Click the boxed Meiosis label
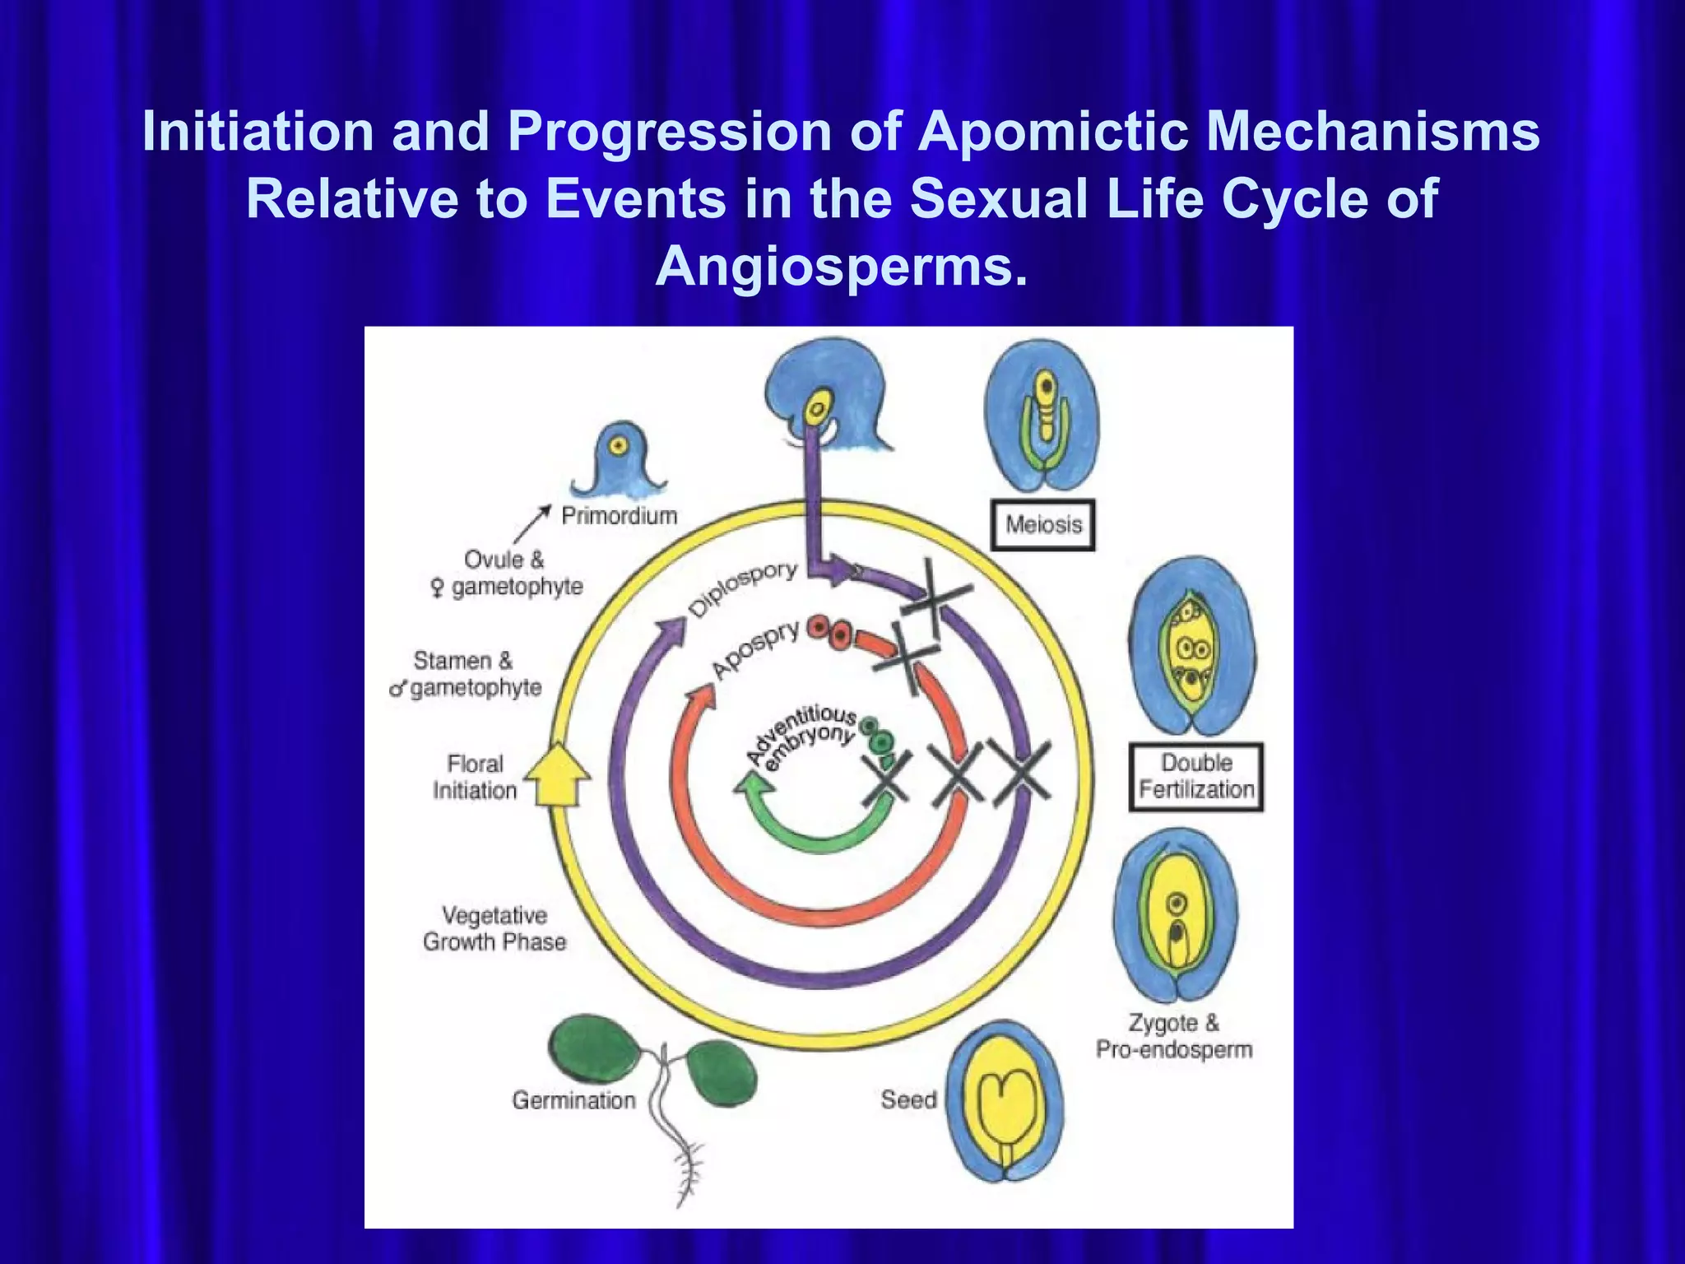1043,524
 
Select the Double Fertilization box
1195,777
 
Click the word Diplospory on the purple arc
743,589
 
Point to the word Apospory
755,650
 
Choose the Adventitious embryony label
802,735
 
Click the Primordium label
619,516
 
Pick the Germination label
573,1100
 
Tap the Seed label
908,1099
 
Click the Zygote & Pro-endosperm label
1174,1036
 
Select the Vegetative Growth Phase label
494,928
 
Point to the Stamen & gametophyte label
465,674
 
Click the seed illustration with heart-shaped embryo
1005,1101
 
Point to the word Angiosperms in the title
842,267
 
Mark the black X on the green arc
885,777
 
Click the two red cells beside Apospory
829,631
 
